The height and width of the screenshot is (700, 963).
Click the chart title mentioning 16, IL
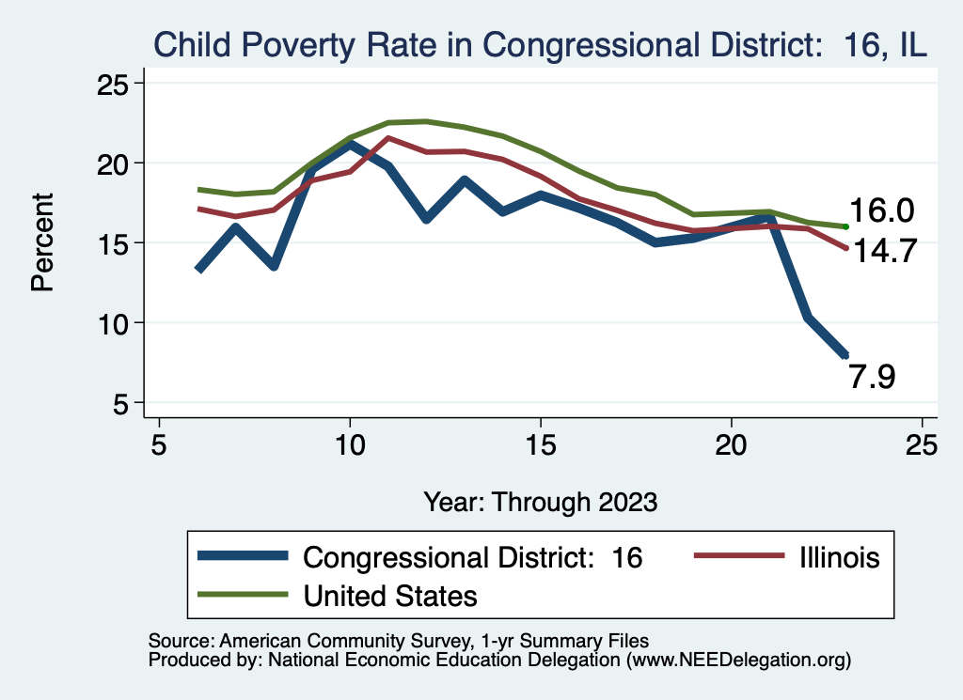pyautogui.click(x=541, y=44)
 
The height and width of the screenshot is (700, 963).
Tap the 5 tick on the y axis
pyautogui.click(x=122, y=403)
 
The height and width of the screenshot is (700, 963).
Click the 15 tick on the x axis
pyautogui.click(x=540, y=443)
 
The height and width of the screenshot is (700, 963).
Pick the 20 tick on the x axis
pyautogui.click(x=731, y=443)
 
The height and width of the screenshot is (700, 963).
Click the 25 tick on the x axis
pyautogui.click(x=922, y=443)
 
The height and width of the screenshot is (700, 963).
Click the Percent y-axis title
pyautogui.click(x=43, y=242)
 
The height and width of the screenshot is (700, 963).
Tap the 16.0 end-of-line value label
pyautogui.click(x=883, y=210)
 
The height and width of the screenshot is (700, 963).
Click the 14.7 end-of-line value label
pyautogui.click(x=883, y=251)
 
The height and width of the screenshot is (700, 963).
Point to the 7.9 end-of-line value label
pyautogui.click(x=872, y=377)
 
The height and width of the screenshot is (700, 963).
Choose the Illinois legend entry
pyautogui.click(x=838, y=557)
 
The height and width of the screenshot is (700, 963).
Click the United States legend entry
pyautogui.click(x=390, y=595)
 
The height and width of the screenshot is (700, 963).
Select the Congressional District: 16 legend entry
pyautogui.click(x=473, y=557)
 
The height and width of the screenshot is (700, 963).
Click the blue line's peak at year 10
pyautogui.click(x=350, y=145)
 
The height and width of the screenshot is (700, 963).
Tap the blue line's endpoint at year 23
pyautogui.click(x=845, y=355)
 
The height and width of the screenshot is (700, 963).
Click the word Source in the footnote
pyautogui.click(x=180, y=641)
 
